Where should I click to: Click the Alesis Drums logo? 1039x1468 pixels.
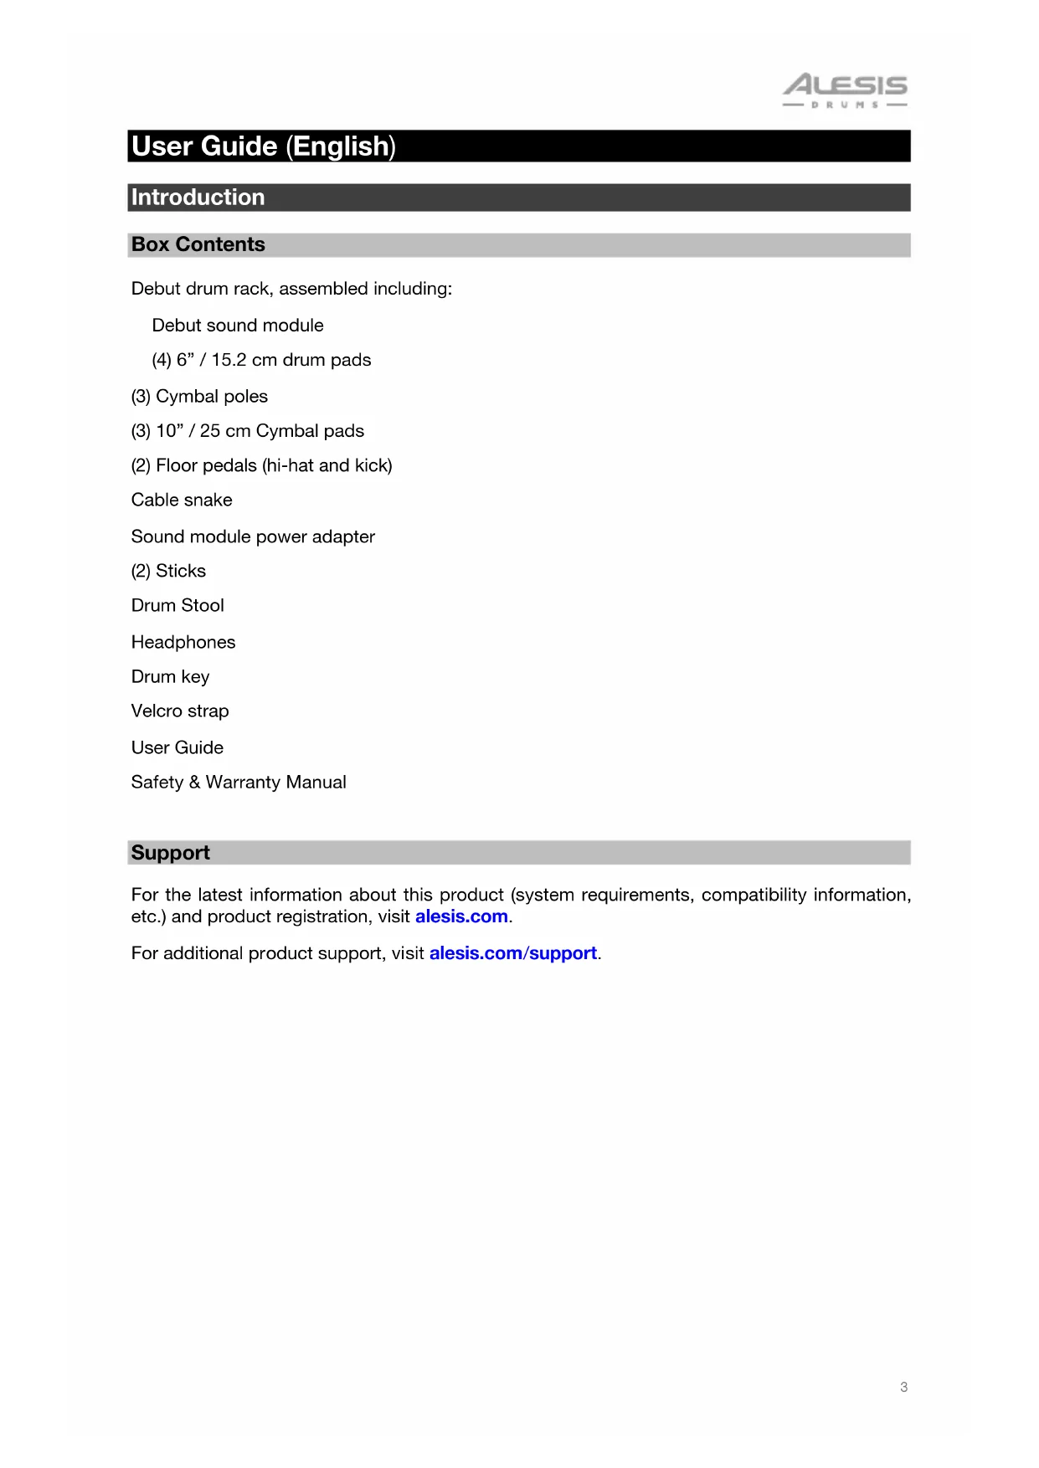click(845, 90)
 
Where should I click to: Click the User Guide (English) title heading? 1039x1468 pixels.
click(264, 146)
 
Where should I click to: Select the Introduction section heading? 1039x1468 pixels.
click(198, 198)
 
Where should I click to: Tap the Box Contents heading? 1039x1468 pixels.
click(198, 244)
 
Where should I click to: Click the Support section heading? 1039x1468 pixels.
click(171, 853)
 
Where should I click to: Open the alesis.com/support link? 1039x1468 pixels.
click(512, 953)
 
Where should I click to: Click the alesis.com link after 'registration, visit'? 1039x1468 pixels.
click(461, 916)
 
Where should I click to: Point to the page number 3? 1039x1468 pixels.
click(903, 1387)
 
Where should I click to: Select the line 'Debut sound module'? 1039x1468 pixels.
click(238, 326)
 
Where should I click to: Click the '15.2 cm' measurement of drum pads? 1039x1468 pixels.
click(244, 360)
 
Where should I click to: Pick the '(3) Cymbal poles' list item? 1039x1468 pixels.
click(199, 397)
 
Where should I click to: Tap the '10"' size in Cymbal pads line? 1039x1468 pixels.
click(169, 431)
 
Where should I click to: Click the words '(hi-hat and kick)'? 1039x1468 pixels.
click(327, 465)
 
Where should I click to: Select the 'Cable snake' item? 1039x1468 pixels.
click(182, 500)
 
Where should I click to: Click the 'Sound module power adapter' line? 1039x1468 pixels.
click(253, 536)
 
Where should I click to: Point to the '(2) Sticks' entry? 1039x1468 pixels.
click(168, 571)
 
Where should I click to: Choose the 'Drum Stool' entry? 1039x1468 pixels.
click(177, 605)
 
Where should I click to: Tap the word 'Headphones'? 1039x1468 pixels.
click(183, 642)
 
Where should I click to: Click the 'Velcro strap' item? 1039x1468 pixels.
click(180, 711)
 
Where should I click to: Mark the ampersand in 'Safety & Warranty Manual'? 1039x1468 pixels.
click(194, 783)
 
